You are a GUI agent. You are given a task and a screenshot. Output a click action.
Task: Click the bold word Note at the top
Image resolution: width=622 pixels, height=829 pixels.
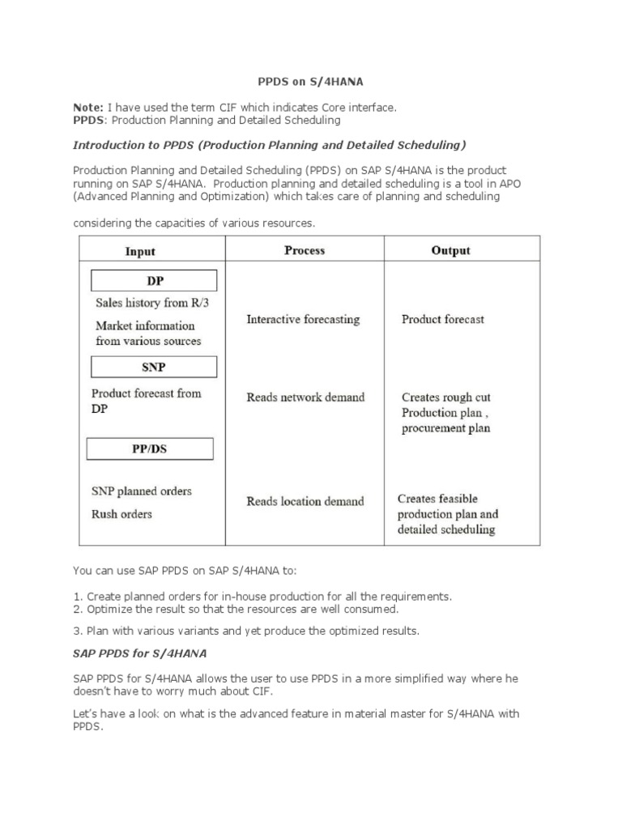click(87, 108)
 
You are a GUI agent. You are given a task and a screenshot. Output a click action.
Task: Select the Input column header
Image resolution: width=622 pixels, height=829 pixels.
click(140, 251)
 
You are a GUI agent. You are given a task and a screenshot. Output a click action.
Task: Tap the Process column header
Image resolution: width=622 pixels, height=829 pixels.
click(305, 250)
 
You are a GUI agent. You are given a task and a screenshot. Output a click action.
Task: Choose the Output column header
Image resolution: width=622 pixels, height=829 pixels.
click(450, 250)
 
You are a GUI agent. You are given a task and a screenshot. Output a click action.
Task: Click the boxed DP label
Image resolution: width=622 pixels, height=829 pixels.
click(154, 281)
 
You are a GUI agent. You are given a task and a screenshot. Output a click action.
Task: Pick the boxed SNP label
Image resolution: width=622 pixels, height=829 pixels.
click(153, 367)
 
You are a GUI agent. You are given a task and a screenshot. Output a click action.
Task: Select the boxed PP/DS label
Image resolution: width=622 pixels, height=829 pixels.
click(150, 449)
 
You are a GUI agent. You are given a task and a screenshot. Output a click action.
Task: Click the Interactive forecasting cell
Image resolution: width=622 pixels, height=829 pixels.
click(303, 320)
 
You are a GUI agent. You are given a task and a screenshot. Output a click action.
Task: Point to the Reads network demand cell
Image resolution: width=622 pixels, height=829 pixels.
click(305, 397)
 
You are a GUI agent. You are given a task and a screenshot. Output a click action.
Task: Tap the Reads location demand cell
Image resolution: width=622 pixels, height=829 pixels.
click(305, 501)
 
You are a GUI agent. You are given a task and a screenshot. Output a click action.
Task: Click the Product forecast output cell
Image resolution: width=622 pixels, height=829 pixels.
click(443, 320)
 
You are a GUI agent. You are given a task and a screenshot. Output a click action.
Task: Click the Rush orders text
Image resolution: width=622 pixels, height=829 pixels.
click(121, 514)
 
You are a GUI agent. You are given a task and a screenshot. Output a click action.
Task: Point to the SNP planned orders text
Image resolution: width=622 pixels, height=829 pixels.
click(142, 491)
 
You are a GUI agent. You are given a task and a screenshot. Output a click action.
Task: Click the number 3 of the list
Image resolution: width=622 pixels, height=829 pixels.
click(76, 631)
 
